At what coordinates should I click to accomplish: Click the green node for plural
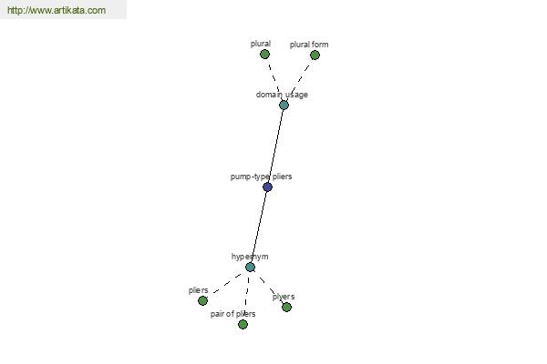(x=264, y=55)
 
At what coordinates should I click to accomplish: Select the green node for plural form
(x=315, y=55)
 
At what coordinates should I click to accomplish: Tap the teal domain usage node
(x=284, y=105)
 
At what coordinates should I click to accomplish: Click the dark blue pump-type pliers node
(x=267, y=187)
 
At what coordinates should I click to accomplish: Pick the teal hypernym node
(x=250, y=268)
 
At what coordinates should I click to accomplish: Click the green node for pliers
(x=202, y=300)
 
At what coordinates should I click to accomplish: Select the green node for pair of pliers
(x=243, y=324)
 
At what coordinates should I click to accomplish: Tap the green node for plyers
(x=286, y=307)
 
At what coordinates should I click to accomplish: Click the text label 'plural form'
(x=309, y=45)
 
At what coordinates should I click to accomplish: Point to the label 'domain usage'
(x=282, y=95)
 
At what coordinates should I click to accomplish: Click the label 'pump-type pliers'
(x=261, y=177)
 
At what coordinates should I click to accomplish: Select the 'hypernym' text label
(x=250, y=257)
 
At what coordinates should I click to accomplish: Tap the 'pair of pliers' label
(x=232, y=314)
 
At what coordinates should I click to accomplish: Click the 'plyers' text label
(x=284, y=297)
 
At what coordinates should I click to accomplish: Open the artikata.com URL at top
(x=57, y=10)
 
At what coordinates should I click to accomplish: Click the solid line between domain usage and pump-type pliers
(x=275, y=146)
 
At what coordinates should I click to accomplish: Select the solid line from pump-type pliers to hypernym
(x=259, y=227)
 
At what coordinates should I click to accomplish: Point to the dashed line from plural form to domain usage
(x=300, y=78)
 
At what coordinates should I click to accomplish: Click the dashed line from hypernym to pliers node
(x=227, y=283)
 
